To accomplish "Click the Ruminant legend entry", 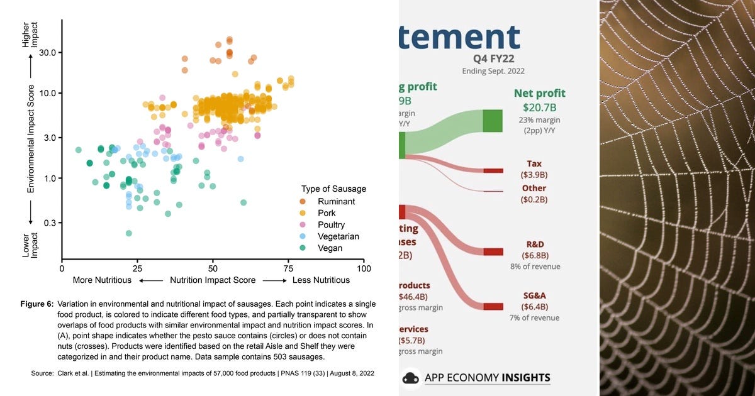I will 336,202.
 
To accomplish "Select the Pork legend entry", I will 327,214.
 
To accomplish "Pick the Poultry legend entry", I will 331,225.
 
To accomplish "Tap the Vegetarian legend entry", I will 338,237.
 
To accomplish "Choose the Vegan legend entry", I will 330,248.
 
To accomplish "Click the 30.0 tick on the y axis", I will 48,52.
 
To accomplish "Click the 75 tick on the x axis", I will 288,268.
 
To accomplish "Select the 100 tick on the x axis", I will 364,268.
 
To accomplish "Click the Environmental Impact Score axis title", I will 30,138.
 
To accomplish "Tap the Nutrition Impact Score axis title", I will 213,280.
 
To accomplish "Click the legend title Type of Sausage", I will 333,189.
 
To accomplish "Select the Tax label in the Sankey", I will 534,163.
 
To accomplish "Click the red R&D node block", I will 493,251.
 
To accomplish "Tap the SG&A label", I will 534,295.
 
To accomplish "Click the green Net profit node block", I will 493,121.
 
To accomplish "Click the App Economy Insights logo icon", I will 411,378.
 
